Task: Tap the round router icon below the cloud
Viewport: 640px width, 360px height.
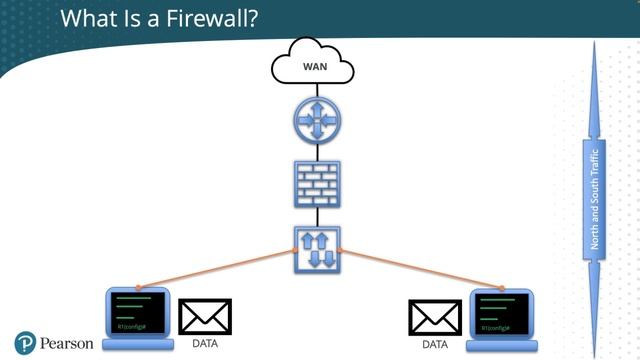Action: tap(317, 121)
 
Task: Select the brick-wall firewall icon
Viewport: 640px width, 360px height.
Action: tap(317, 183)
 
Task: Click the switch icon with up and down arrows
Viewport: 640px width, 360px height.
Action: tap(317, 250)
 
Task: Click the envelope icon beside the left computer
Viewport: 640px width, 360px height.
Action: tap(205, 317)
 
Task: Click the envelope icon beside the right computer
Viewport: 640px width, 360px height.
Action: tap(435, 317)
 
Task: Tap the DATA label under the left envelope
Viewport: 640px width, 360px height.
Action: tap(204, 344)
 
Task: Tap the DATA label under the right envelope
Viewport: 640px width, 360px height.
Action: tap(435, 344)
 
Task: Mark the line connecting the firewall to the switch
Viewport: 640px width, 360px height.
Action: tap(317, 217)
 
